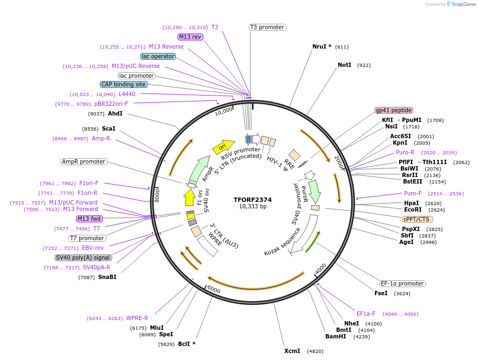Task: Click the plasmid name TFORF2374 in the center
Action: (252, 199)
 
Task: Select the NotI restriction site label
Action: (344, 65)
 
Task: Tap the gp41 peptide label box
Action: (394, 110)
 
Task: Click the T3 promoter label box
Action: (267, 27)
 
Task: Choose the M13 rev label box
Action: (190, 37)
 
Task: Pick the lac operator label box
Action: (158, 56)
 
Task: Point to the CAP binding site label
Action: (124, 84)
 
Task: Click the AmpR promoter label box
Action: (84, 161)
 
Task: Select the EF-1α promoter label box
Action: (402, 283)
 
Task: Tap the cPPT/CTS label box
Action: (417, 219)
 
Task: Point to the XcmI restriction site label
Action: (292, 351)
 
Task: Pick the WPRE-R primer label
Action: (137, 318)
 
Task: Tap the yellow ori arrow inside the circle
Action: (223, 146)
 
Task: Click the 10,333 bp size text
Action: (252, 206)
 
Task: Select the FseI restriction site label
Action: (381, 293)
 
